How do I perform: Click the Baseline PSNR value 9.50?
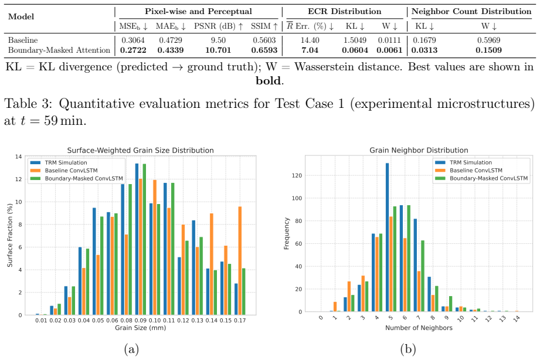218,40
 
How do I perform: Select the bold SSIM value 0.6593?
264,50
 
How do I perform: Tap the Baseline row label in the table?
23,40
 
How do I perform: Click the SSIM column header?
264,26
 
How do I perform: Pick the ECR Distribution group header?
344,11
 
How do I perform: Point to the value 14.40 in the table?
310,40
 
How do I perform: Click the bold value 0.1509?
488,50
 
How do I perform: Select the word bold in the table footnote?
269,80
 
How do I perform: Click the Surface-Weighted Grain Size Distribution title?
141,151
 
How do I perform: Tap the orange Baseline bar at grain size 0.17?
240,261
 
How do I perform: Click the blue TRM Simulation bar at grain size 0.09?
137,239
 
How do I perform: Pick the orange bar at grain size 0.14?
212,264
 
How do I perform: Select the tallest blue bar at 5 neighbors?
388,237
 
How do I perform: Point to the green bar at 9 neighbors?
450,304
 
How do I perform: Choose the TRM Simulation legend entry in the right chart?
464,162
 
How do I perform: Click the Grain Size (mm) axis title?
141,328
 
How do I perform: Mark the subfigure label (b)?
408,349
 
